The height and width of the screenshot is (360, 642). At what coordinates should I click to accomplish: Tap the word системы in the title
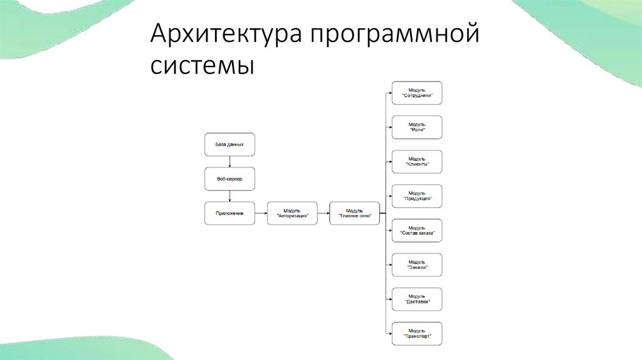[x=203, y=65]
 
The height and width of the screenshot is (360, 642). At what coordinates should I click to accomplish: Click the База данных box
[x=229, y=144]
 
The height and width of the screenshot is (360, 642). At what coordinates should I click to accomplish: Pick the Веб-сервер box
[x=229, y=179]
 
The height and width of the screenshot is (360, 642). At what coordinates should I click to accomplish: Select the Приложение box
[x=229, y=213]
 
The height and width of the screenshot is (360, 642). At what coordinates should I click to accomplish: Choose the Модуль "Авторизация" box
[x=292, y=213]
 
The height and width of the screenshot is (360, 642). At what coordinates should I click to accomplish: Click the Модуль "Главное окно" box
[x=354, y=213]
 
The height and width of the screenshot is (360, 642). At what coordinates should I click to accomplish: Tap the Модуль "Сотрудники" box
[x=417, y=93]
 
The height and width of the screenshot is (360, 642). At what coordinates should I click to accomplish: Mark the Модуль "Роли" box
[x=417, y=127]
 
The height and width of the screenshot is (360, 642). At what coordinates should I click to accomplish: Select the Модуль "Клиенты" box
[x=417, y=162]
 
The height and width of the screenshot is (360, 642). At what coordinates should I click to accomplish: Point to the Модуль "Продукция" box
[x=417, y=196]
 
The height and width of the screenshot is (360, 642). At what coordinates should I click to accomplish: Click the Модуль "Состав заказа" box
[x=417, y=231]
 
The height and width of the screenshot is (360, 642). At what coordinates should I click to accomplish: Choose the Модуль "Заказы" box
[x=417, y=265]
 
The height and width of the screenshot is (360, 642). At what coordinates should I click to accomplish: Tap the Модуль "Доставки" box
[x=417, y=299]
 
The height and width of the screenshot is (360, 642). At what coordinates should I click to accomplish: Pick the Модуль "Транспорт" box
[x=417, y=334]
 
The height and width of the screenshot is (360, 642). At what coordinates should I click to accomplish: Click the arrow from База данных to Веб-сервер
[x=229, y=162]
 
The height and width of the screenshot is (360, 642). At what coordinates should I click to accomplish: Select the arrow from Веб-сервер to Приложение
[x=229, y=196]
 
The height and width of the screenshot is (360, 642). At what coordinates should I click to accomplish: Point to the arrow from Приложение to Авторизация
[x=261, y=213]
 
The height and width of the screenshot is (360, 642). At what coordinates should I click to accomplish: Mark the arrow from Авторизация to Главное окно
[x=323, y=213]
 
